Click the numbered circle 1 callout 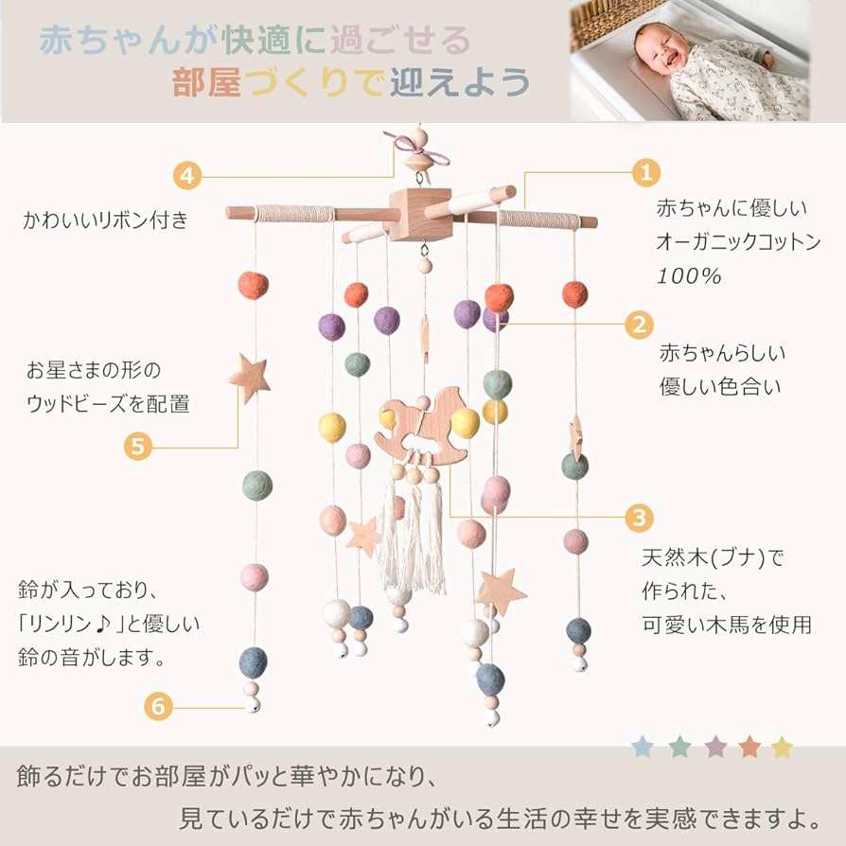(x=646, y=172)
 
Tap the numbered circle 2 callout (x=640, y=325)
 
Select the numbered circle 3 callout (x=640, y=517)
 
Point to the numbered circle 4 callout (x=187, y=175)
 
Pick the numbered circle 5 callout (x=139, y=446)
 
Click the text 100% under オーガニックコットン (x=690, y=276)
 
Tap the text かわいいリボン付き (x=106, y=221)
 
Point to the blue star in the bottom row (x=643, y=748)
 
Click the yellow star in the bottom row (x=782, y=748)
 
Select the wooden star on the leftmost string (x=249, y=376)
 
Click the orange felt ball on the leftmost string (x=253, y=285)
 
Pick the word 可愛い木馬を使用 (x=727, y=625)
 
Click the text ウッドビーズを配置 (x=108, y=404)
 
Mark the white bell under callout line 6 (x=252, y=704)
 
